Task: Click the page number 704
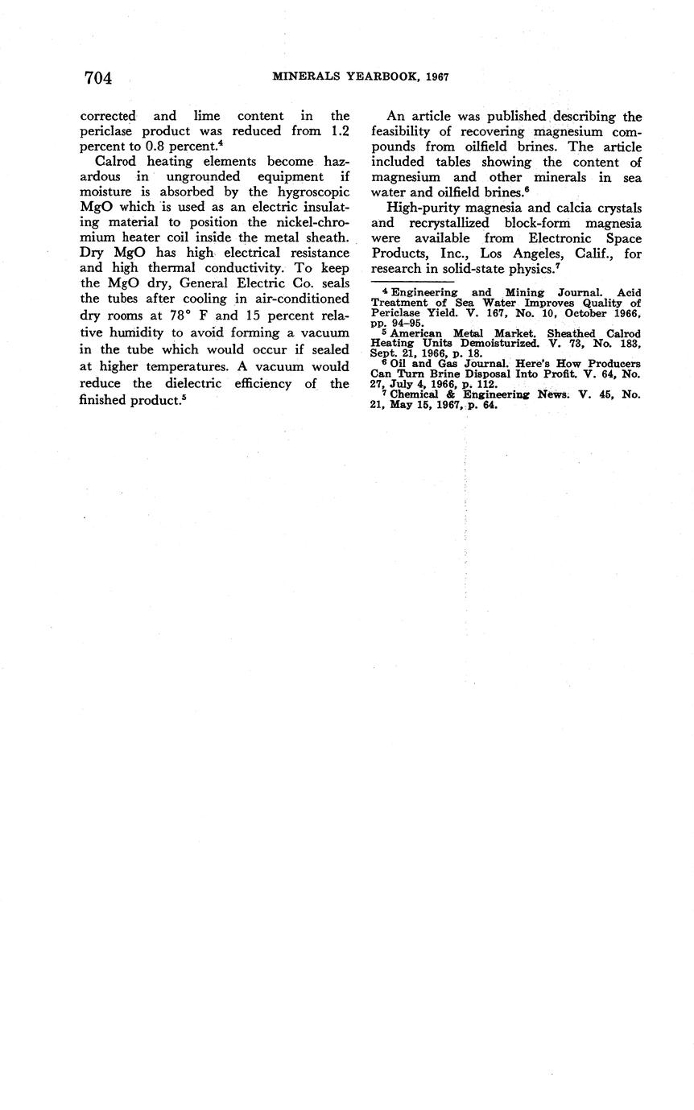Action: point(97,78)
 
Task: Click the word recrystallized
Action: point(456,223)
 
